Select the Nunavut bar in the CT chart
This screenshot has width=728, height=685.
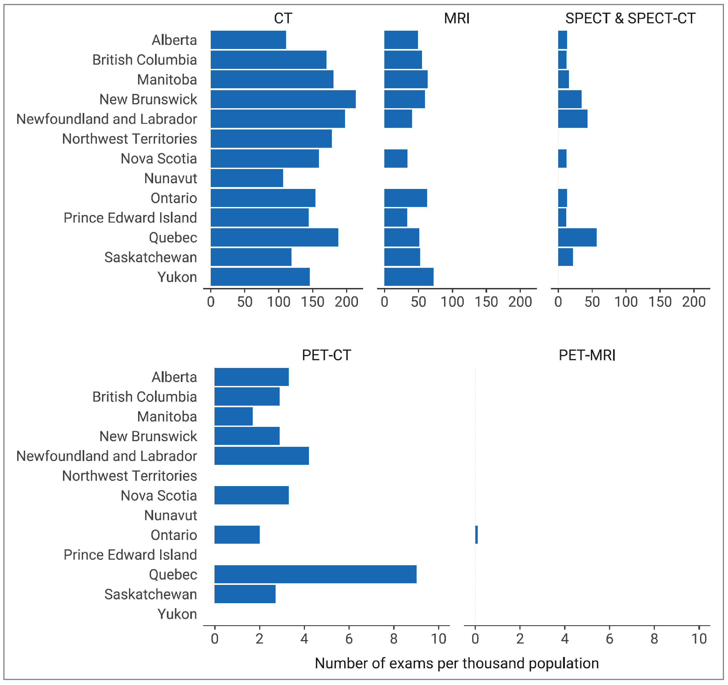point(247,178)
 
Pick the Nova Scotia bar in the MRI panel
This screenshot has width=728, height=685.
point(396,159)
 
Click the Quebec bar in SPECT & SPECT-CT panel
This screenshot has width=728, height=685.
point(577,237)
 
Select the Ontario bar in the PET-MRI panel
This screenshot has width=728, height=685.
point(476,535)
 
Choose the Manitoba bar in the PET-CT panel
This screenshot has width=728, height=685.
point(233,416)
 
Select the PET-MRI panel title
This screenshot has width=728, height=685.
point(587,355)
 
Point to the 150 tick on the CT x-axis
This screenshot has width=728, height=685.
point(312,302)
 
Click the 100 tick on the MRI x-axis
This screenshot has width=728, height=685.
point(452,302)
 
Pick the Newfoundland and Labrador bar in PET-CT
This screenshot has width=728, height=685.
point(262,456)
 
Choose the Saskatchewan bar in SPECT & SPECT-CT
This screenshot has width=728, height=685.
point(565,257)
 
